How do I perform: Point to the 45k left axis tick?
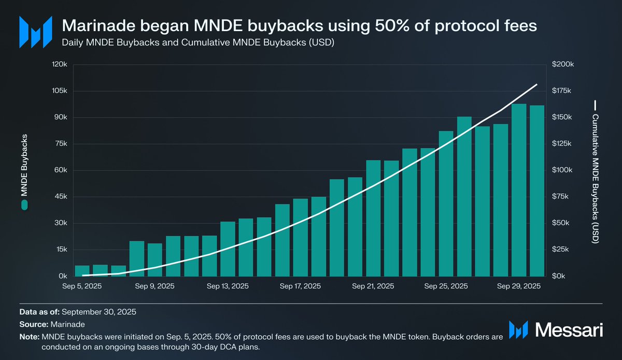(61, 197)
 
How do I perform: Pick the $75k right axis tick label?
(561, 197)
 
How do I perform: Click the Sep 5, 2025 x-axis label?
(82, 286)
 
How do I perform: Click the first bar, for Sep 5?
(82, 271)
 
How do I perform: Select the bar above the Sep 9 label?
(155, 260)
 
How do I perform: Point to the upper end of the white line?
(537, 84)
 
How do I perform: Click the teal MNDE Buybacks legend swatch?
(24, 206)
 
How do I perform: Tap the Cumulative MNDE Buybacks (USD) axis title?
(595, 179)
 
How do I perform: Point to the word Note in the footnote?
(28, 337)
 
